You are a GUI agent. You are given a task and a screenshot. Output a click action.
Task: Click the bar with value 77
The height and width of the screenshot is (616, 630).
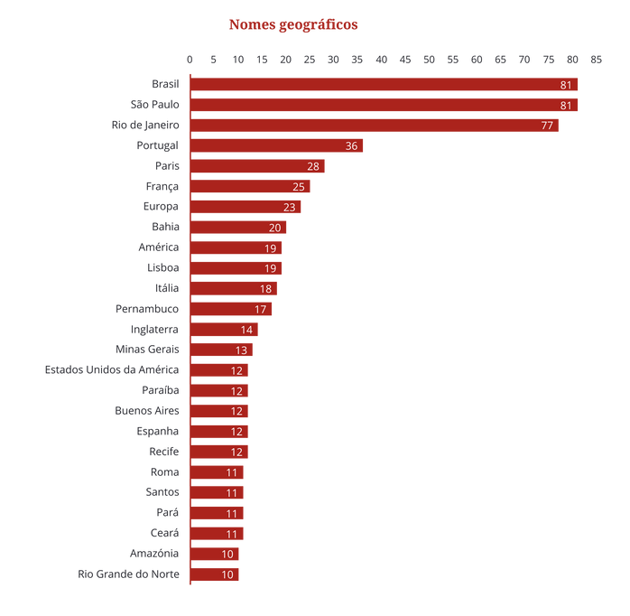tap(376, 126)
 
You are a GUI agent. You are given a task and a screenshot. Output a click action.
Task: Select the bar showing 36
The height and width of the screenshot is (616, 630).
tap(279, 145)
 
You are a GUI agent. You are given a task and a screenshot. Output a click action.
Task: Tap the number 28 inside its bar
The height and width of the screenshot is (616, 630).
tap(313, 166)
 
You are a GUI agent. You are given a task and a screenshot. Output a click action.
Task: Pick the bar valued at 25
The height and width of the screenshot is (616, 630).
tap(253, 186)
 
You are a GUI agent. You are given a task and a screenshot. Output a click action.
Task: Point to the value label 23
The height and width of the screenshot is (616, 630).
tap(289, 207)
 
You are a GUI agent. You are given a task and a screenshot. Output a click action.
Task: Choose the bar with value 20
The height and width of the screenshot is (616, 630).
tap(240, 227)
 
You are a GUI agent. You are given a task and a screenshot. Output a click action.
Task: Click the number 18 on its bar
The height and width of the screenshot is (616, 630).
tap(266, 288)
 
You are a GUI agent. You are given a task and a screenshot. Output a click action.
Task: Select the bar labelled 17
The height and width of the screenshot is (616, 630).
tap(234, 309)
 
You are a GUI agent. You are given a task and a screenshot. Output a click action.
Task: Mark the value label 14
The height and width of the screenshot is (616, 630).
tap(246, 330)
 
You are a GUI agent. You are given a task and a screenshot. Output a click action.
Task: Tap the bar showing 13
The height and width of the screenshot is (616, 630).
tap(224, 350)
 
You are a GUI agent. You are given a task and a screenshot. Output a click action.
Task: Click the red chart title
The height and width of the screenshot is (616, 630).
tap(293, 24)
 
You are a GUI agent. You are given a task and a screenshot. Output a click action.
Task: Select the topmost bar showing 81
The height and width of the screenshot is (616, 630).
tap(386, 85)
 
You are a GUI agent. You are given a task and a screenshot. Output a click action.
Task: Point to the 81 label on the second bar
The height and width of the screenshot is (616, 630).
tap(566, 106)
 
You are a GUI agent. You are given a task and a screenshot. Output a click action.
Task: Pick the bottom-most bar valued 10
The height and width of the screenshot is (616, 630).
tap(217, 574)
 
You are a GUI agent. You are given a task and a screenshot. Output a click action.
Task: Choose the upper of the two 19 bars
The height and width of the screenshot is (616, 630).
tap(238, 247)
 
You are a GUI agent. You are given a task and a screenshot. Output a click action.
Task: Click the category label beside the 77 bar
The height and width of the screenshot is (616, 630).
tap(145, 125)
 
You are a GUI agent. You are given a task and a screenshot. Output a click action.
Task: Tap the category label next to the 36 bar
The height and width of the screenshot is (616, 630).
tap(157, 145)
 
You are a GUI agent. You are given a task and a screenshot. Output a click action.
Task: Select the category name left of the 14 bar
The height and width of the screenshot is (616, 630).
tap(155, 330)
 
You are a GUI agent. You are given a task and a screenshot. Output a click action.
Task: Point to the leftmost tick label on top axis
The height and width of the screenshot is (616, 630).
tap(190, 60)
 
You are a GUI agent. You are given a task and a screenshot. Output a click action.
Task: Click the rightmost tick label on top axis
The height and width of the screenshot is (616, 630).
tap(596, 60)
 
